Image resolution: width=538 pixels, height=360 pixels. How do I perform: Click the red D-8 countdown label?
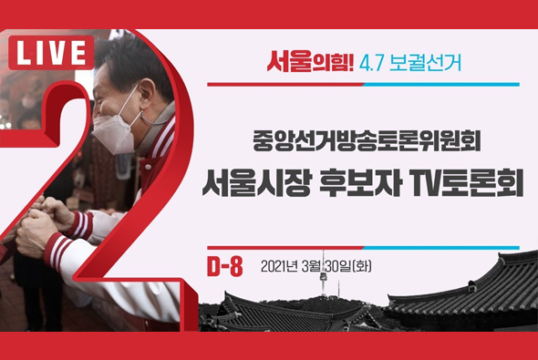[x=224, y=266]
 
